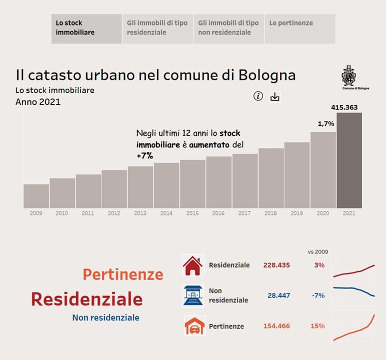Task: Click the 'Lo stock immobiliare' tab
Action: coord(86,28)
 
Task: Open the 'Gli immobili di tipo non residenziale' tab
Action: coord(228,28)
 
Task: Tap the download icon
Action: coord(274,96)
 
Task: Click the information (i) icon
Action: coord(258,96)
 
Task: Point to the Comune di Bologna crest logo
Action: coord(348,75)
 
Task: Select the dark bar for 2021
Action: coord(349,160)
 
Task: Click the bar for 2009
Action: coord(36,196)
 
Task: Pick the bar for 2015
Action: coord(192,183)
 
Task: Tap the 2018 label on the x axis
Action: coord(270,213)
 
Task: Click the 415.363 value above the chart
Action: coord(344,107)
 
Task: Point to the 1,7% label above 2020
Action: coord(325,123)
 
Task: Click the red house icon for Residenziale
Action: coord(193,265)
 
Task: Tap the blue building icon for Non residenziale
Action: coord(193,295)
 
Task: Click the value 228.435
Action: coord(276,265)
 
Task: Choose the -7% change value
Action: coord(318,295)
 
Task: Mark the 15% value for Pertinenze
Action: coord(317,326)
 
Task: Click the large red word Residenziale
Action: coord(86,299)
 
